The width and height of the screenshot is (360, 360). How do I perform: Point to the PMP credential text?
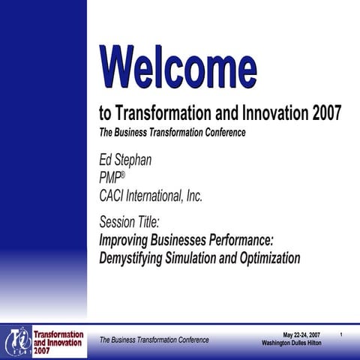coord(109,178)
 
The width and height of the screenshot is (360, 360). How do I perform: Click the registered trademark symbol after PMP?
coord(123,175)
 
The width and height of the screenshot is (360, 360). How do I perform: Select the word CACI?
coord(112,196)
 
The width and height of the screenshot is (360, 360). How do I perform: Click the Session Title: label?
coord(130,222)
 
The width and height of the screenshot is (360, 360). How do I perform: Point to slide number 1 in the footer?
coord(342,334)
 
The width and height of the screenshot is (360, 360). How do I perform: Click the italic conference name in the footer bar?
coord(154,340)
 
